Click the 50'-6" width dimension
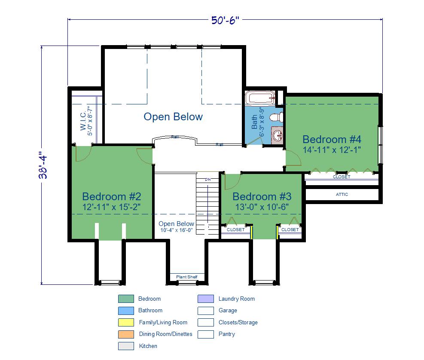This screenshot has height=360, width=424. point(225,20)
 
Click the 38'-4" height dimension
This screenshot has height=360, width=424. point(43,165)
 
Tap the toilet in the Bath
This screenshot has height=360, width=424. point(276,117)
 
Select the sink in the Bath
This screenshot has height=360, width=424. point(277,135)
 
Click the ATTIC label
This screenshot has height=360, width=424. point(342,195)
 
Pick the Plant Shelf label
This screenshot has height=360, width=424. point(186,277)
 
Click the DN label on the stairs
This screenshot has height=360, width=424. point(207,179)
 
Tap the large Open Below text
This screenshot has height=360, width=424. point(173,116)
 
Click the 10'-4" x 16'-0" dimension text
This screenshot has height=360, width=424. point(176,230)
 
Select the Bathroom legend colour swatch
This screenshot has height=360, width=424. point(126,311)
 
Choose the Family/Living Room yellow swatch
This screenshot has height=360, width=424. point(126,322)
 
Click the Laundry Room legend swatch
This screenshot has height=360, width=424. point(205,299)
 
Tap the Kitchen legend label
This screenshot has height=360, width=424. point(148,346)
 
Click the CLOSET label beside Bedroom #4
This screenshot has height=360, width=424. point(342,177)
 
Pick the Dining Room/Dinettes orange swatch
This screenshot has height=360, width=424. point(126,334)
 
